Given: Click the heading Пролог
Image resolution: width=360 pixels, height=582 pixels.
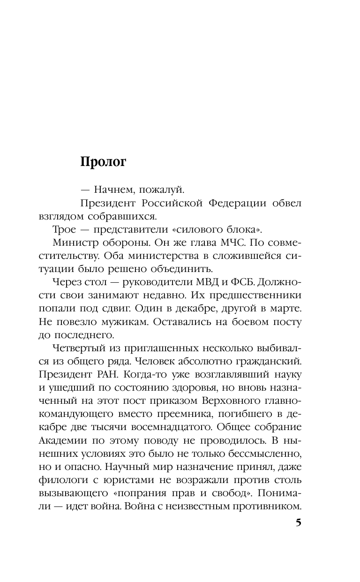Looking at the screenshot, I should click(x=104, y=162).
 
